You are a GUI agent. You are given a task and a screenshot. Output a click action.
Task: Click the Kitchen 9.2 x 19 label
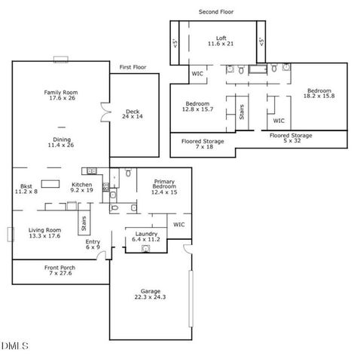coord(82,188)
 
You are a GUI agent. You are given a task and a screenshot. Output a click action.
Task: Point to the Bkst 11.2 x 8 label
coord(26,189)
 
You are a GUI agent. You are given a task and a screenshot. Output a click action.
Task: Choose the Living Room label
coord(44,232)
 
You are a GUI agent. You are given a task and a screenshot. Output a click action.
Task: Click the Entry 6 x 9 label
coord(93,244)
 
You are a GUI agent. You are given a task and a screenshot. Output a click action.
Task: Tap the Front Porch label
coord(58,269)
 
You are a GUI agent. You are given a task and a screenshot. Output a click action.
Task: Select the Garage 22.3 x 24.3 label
coord(151,294)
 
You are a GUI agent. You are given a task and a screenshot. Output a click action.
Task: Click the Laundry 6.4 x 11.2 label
coord(145,237)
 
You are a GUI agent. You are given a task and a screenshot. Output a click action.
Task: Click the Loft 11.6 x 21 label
coord(221,41)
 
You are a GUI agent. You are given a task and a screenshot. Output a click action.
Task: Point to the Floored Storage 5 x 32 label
coord(291,138)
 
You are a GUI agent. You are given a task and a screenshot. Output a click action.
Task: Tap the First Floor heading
coord(133,67)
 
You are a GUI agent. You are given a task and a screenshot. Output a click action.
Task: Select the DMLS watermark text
coord(15,345)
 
